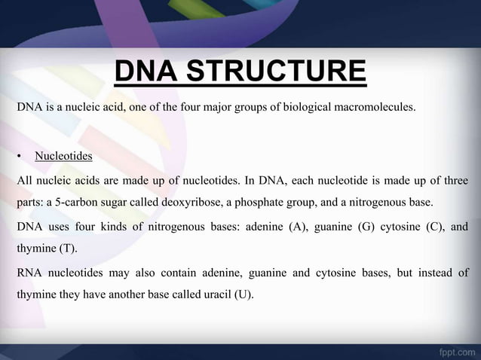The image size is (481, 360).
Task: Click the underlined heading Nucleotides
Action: [x=63, y=157]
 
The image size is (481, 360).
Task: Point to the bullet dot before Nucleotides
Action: [x=19, y=157]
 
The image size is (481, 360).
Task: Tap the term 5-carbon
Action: [x=78, y=203]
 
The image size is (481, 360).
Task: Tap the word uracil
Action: [x=215, y=294]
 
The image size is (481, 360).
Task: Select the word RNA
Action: [x=31, y=272]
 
